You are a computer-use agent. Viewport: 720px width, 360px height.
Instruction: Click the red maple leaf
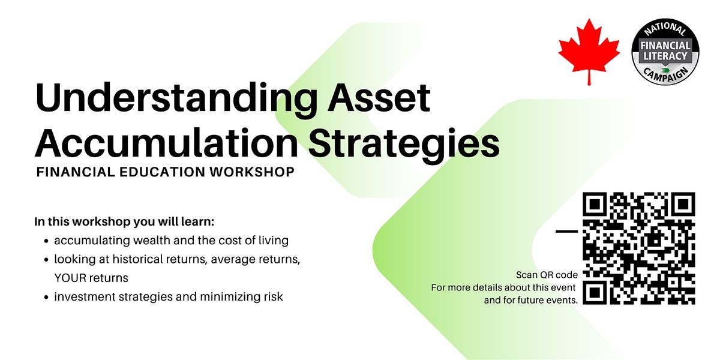589,52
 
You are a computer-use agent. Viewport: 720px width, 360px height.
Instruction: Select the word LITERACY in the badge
665,56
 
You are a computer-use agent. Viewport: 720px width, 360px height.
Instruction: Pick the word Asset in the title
379,97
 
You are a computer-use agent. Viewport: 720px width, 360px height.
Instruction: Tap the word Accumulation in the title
167,143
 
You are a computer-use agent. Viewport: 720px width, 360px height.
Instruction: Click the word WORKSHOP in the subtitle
252,172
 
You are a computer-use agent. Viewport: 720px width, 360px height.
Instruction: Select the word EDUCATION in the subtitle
163,172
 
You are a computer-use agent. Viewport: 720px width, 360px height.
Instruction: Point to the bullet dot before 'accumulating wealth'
47,241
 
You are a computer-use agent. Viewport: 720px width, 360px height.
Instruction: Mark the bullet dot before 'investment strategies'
47,298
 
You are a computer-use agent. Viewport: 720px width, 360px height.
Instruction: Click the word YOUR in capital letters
69,278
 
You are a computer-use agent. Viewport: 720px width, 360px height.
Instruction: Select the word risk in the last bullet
274,296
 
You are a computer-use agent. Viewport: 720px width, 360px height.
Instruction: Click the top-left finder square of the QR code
595,204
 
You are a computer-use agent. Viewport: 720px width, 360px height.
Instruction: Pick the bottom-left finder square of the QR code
595,293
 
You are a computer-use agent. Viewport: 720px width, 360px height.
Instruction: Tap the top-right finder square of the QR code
683,204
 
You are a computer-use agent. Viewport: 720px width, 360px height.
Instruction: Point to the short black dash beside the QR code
566,231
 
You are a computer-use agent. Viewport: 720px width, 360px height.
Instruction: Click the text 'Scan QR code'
547,275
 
